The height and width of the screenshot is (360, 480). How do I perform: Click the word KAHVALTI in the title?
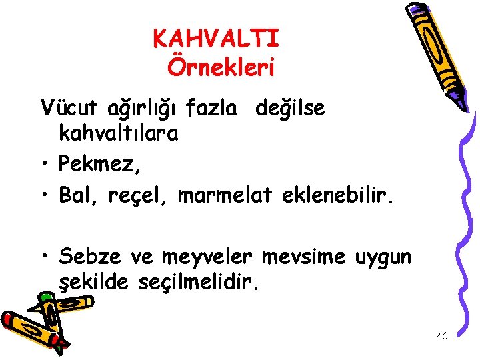(x=216, y=39)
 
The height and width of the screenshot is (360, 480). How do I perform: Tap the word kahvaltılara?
(x=119, y=134)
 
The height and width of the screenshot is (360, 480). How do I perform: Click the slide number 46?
(x=442, y=336)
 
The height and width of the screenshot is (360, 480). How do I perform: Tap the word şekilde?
(x=96, y=283)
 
